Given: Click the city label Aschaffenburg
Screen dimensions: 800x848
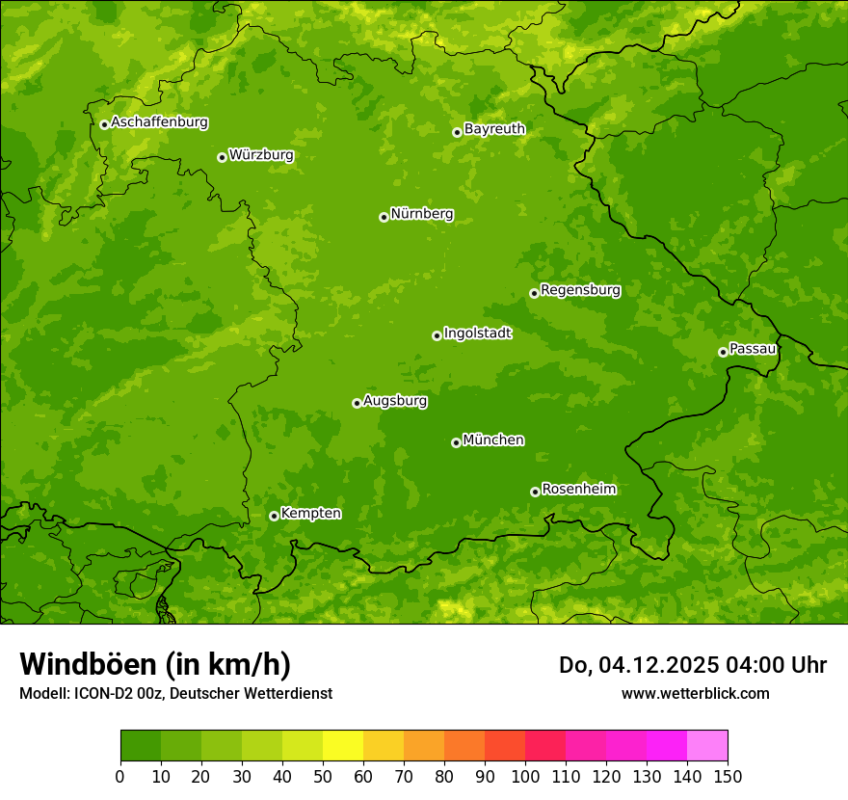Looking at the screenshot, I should (159, 122).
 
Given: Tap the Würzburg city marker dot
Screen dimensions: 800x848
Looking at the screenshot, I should (222, 157).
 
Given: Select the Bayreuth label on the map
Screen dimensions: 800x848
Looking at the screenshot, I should (494, 129).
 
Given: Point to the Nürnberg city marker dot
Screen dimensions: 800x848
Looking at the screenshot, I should (384, 217).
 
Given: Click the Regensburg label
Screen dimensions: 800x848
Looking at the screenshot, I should (580, 290).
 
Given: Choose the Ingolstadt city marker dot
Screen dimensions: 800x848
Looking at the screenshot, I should (437, 335).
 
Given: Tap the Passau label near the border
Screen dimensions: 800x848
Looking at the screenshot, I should (753, 349).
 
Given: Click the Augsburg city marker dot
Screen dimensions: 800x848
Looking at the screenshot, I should (357, 403).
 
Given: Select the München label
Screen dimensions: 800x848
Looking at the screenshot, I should (493, 440).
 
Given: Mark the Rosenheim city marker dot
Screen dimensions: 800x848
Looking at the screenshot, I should (535, 492).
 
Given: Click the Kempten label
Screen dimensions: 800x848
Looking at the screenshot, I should (310, 514).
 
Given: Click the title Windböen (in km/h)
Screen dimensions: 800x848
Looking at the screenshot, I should (155, 664).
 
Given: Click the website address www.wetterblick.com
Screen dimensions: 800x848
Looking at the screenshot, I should (695, 693).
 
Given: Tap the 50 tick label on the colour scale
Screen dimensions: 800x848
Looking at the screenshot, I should (323, 776).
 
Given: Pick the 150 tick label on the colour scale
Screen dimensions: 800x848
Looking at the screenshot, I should (728, 776).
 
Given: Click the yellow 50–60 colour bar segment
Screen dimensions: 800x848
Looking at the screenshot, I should (343, 746).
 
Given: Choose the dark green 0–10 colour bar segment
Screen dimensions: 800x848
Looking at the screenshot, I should (141, 746).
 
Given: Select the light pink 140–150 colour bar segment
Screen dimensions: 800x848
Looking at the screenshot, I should (707, 746).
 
